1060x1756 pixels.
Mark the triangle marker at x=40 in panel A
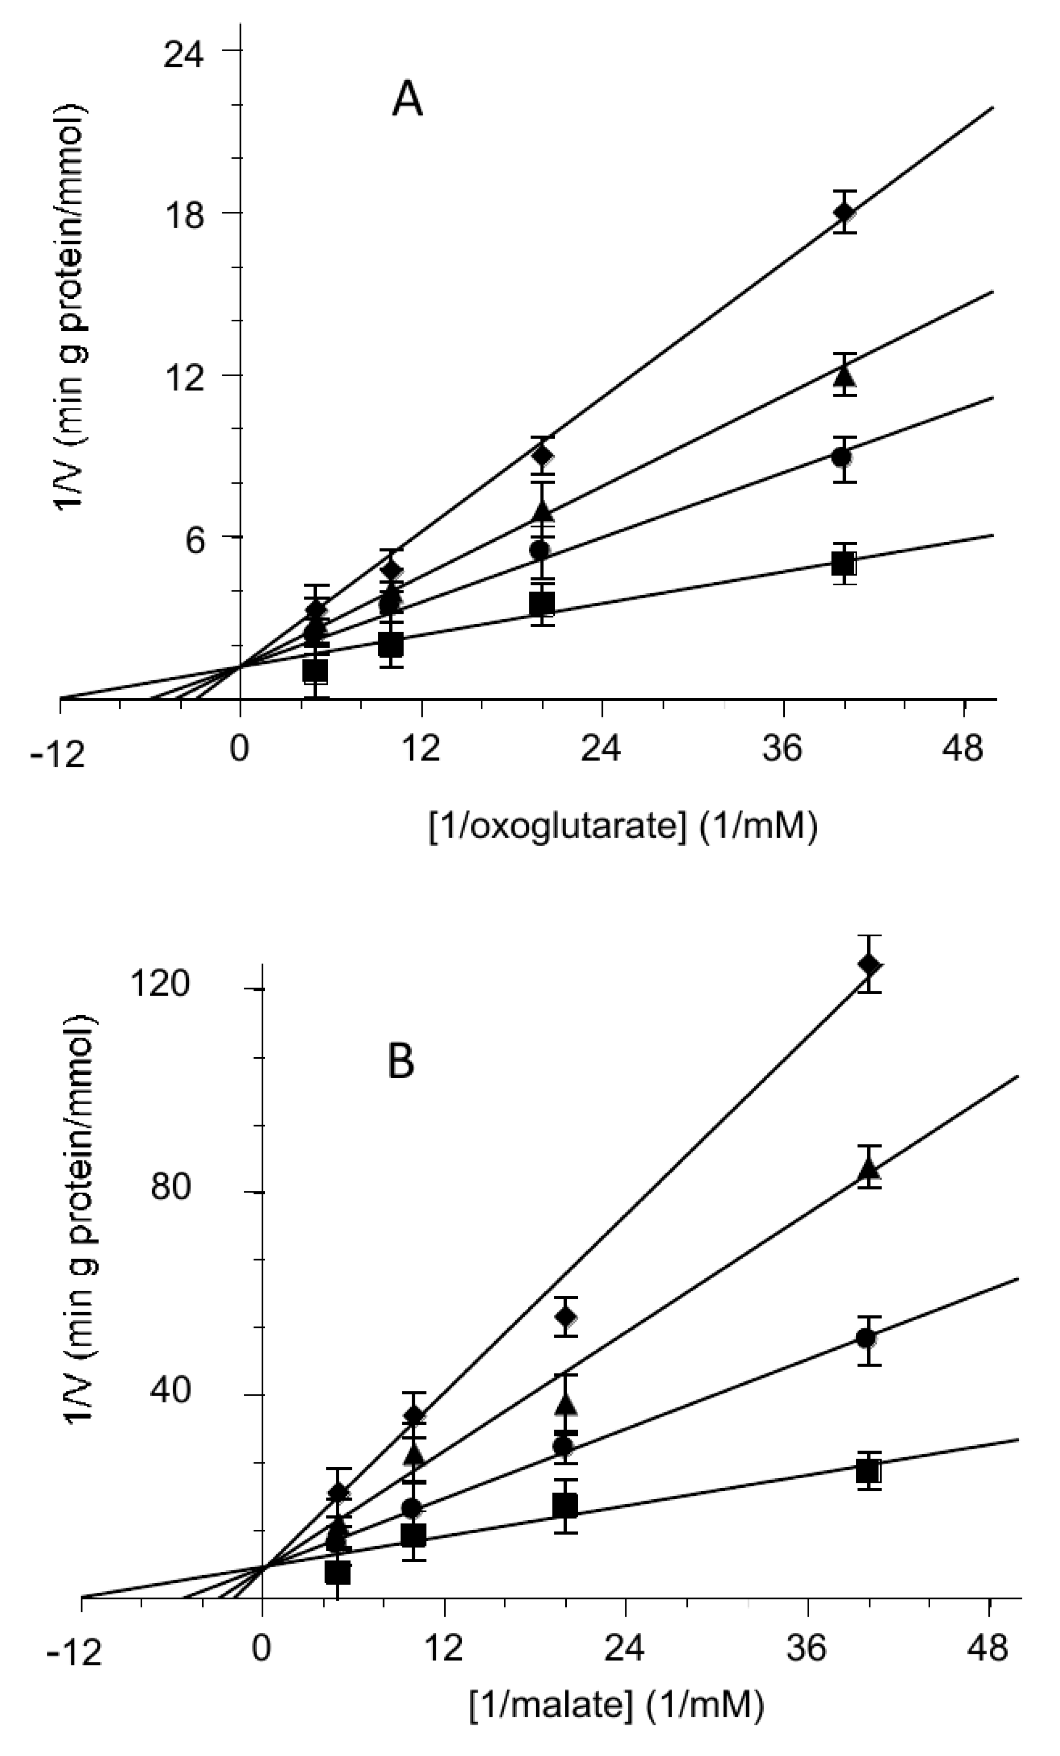click(x=844, y=375)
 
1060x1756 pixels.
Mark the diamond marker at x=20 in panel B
click(x=566, y=1316)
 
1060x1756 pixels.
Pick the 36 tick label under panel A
click(x=784, y=750)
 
